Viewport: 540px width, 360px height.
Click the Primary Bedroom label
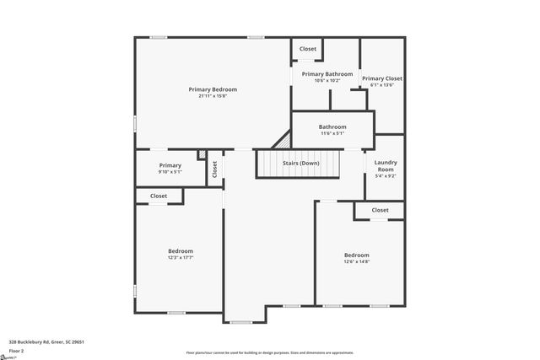click(213, 89)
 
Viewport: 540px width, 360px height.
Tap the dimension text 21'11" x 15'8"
click(213, 96)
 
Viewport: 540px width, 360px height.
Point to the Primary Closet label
click(382, 78)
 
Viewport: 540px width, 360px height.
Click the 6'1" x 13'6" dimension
click(382, 85)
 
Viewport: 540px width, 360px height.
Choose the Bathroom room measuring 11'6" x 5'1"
click(332, 127)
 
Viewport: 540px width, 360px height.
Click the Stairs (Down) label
click(300, 163)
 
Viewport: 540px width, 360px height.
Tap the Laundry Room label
click(386, 165)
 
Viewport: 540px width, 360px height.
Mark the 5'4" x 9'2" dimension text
click(386, 176)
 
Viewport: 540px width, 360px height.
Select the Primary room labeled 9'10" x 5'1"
click(170, 165)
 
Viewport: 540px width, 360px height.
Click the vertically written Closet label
click(214, 169)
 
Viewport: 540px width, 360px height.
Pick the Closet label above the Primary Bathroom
click(308, 49)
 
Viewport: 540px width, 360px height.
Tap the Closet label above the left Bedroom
click(159, 196)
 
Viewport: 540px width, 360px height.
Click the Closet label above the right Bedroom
click(380, 210)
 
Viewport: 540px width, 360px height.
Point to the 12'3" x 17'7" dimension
click(180, 258)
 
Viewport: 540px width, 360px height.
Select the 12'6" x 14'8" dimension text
click(356, 262)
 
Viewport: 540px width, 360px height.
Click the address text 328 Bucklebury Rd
click(46, 341)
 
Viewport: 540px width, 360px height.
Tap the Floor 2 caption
click(15, 350)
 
